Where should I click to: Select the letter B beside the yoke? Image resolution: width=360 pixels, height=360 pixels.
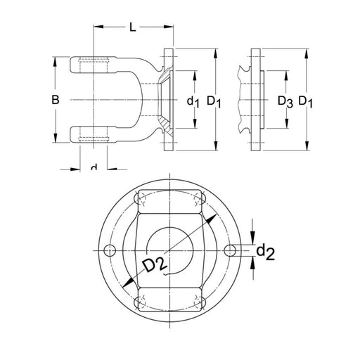tap(55, 101)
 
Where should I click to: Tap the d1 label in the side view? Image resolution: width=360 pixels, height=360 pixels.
tap(194, 102)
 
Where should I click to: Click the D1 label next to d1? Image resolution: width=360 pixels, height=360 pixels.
tap(214, 102)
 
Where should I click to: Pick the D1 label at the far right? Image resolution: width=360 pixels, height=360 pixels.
tap(306, 102)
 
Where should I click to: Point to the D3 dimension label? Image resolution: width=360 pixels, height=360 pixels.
tap(285, 102)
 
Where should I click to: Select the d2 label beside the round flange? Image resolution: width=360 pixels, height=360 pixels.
tap(264, 251)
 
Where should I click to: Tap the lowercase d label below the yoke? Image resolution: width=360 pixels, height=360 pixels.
tap(94, 167)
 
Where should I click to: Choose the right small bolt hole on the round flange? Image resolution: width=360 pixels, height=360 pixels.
tap(230, 250)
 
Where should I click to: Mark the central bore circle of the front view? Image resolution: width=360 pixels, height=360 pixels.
tap(169, 250)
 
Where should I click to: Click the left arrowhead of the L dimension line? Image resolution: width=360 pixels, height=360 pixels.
tap(98, 27)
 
